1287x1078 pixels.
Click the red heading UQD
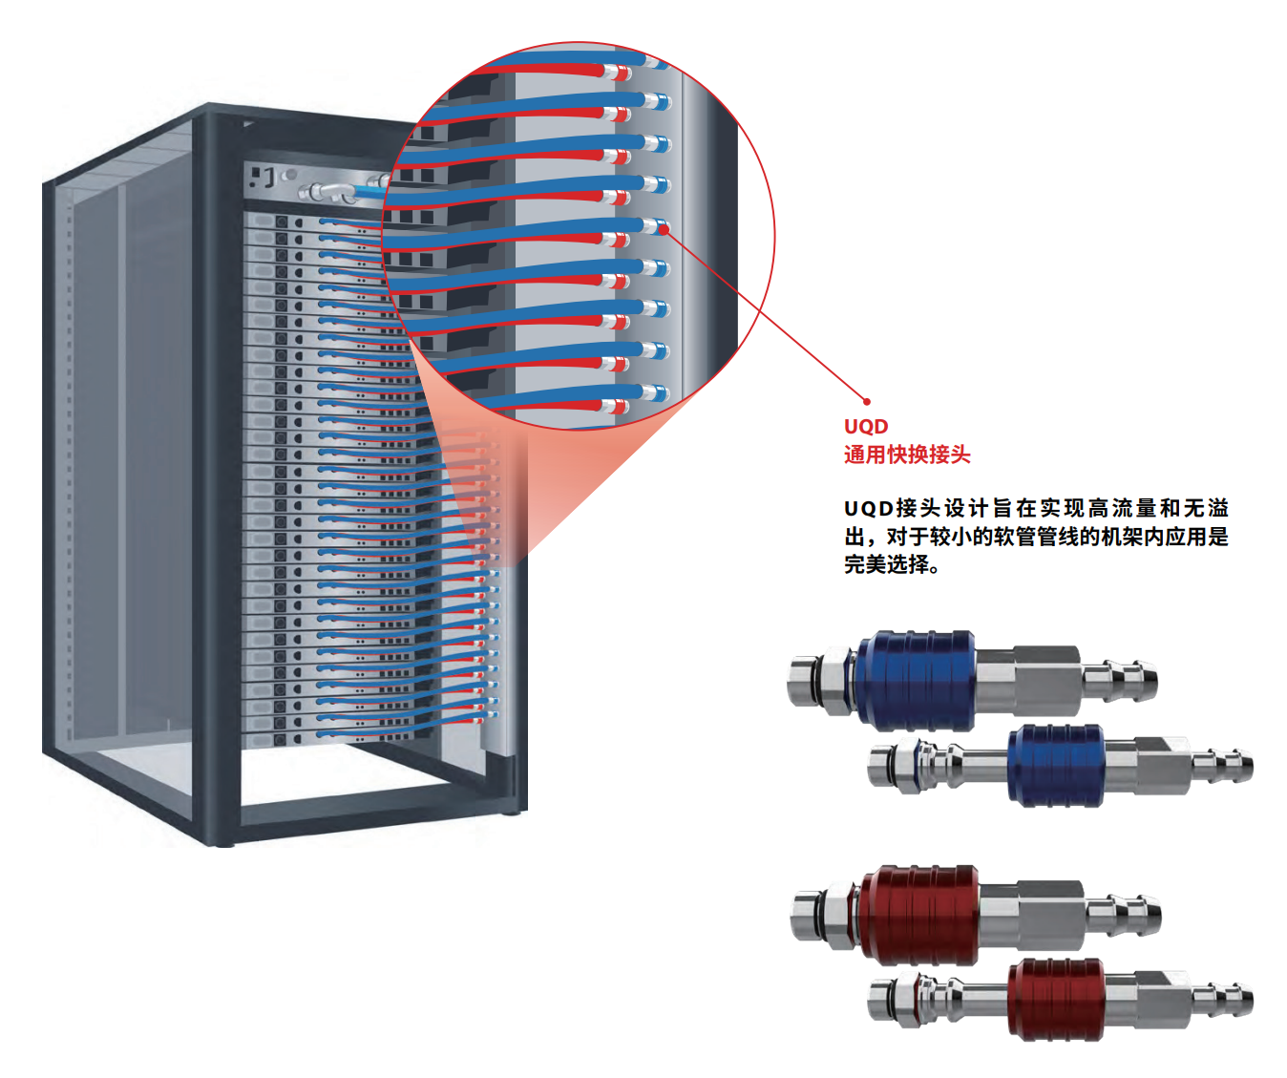(865, 427)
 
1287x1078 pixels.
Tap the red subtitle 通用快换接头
(906, 454)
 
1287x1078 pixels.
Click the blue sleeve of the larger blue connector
(916, 680)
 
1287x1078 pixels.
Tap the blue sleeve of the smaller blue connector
(1055, 764)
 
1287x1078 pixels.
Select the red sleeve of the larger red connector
(919, 915)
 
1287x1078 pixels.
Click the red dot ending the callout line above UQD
(867, 401)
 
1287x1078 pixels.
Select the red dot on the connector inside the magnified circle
(664, 228)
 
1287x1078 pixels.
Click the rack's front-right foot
(513, 811)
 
